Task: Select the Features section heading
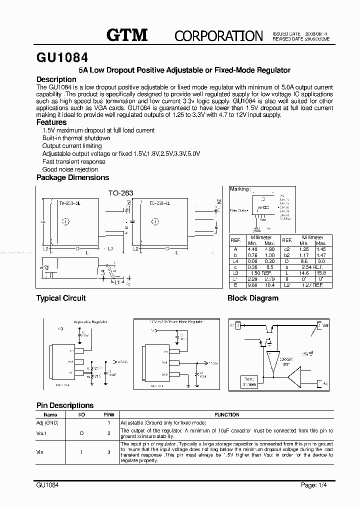[x=51, y=122]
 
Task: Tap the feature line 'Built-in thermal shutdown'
[x=76, y=138]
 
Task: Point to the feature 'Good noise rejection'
[x=70, y=169]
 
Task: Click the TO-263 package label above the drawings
[x=120, y=192]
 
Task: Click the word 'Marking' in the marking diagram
[x=239, y=189]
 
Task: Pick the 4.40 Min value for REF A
[x=252, y=248]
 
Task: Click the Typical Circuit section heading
[x=60, y=298]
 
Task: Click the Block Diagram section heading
[x=252, y=298]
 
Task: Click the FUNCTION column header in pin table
[x=227, y=414]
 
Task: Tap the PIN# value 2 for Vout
[x=108, y=433]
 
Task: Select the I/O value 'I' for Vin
[x=81, y=451]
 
